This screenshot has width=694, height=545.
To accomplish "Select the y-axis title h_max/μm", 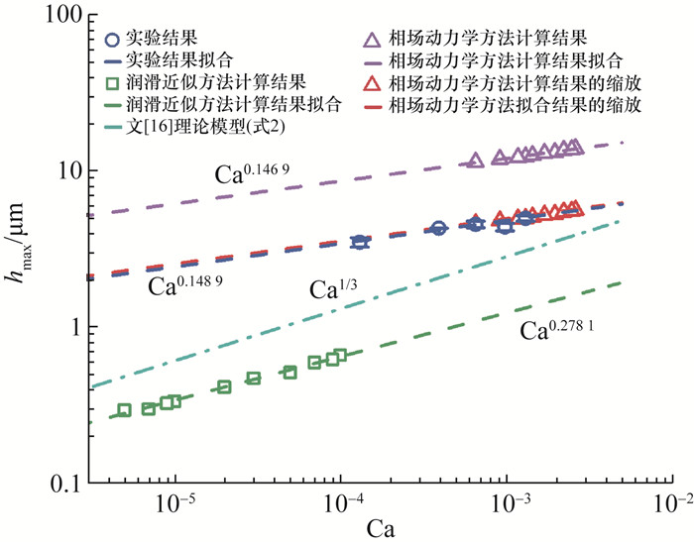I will pos(22,248).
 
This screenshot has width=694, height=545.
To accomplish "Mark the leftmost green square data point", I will pos(124,410).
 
